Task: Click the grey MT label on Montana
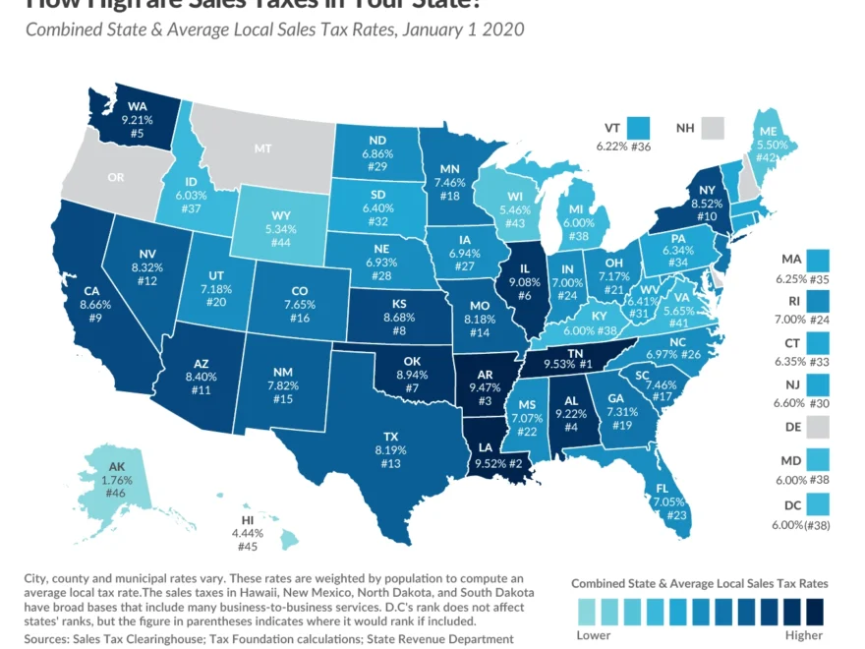(x=262, y=148)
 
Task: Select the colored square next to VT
(x=639, y=127)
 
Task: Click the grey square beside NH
(x=712, y=128)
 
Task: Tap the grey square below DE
(x=818, y=426)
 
